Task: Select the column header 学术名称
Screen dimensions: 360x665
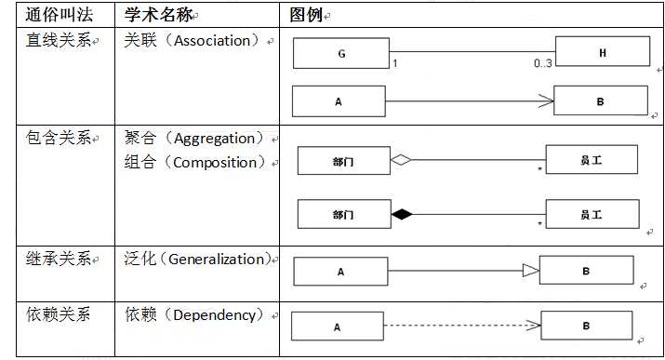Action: (158, 15)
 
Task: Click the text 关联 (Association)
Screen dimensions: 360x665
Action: (193, 41)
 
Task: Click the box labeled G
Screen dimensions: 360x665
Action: (341, 54)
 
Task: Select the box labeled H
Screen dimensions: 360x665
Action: (602, 53)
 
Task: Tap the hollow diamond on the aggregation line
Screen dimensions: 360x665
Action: (400, 160)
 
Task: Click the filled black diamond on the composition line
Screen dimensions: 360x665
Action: (400, 215)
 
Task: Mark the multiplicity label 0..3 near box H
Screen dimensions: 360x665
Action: (543, 63)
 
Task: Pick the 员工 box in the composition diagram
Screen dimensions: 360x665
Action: (592, 215)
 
